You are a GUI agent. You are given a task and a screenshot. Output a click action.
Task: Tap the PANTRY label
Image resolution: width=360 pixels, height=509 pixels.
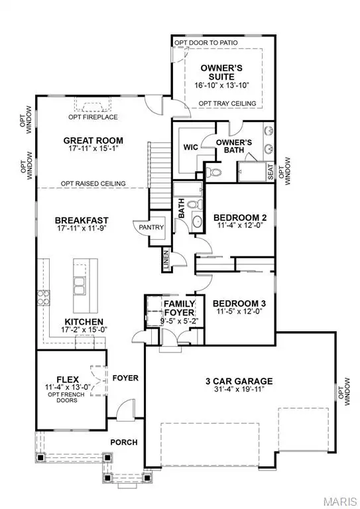(147, 227)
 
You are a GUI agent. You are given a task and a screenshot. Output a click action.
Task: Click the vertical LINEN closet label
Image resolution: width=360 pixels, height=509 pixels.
(165, 262)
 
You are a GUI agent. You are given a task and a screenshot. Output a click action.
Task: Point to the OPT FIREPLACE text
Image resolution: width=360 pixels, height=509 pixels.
(93, 117)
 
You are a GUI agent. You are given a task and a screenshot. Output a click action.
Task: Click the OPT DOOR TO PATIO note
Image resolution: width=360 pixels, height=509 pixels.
(206, 43)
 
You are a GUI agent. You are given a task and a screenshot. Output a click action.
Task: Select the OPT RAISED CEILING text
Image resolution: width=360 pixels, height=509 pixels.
(93, 184)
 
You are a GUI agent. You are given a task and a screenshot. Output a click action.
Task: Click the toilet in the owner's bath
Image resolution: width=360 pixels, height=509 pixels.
(213, 173)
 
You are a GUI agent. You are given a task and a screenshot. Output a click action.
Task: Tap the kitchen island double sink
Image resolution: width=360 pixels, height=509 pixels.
(80, 286)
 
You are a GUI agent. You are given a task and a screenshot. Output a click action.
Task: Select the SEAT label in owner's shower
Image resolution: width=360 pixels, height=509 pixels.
(270, 171)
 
